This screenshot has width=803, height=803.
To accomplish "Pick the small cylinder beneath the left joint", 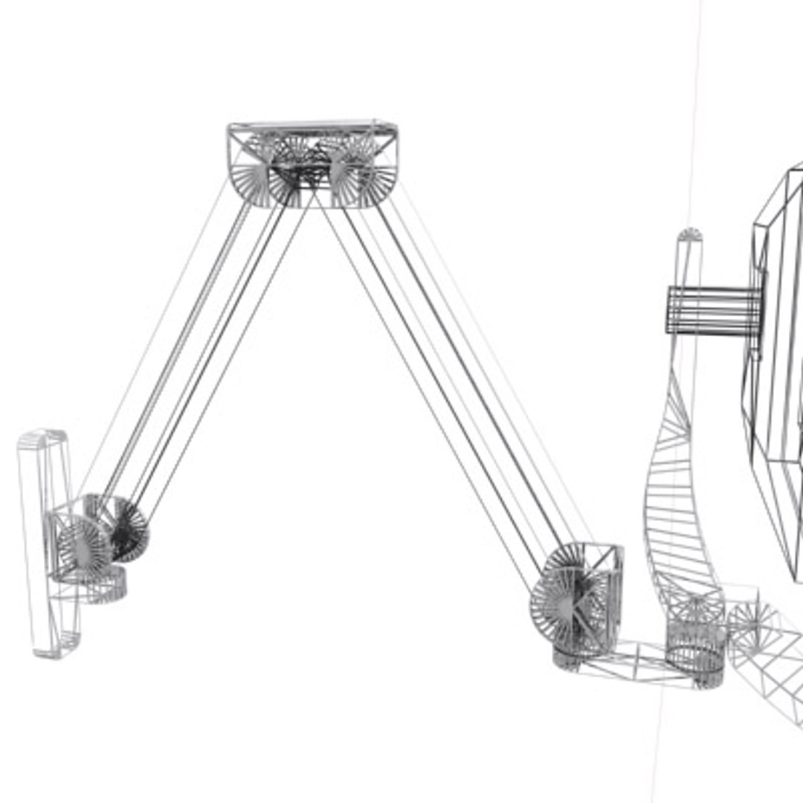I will tap(104, 587).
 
